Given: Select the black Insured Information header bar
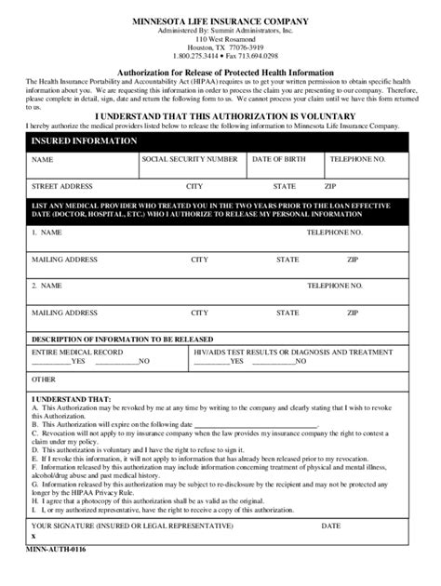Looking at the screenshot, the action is tap(220, 141).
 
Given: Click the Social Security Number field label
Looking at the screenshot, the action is tap(190, 159).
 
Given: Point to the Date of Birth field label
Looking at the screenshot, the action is tap(281, 159).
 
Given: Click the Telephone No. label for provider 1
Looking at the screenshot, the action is tap(335, 232).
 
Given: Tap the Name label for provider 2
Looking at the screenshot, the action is tap(47, 286).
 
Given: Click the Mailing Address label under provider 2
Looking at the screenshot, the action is tap(64, 313).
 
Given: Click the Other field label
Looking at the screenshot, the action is tap(44, 380).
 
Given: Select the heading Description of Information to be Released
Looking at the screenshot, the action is tap(123, 339).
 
